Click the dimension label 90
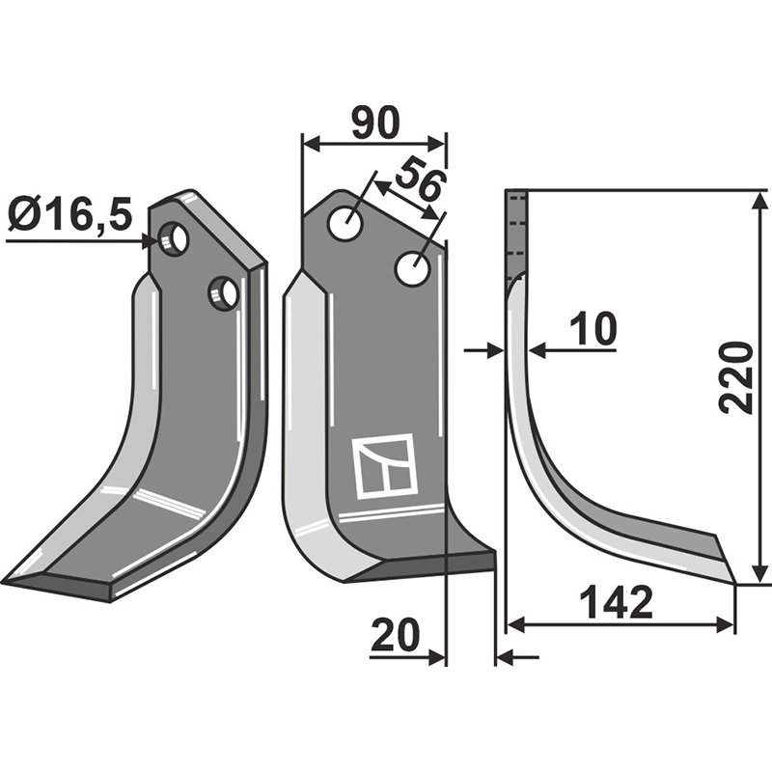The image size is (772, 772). click(375, 124)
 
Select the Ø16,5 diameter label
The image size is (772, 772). click(69, 214)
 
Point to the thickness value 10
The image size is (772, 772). click(592, 330)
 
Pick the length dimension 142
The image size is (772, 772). click(618, 604)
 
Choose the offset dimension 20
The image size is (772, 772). click(395, 636)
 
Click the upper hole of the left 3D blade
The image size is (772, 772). click(175, 237)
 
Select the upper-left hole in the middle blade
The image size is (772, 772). click(345, 225)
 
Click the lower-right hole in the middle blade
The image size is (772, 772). click(413, 268)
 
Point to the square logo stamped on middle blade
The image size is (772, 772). click(383, 466)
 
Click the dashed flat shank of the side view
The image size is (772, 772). click(516, 232)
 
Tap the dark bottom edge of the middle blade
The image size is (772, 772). click(425, 567)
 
